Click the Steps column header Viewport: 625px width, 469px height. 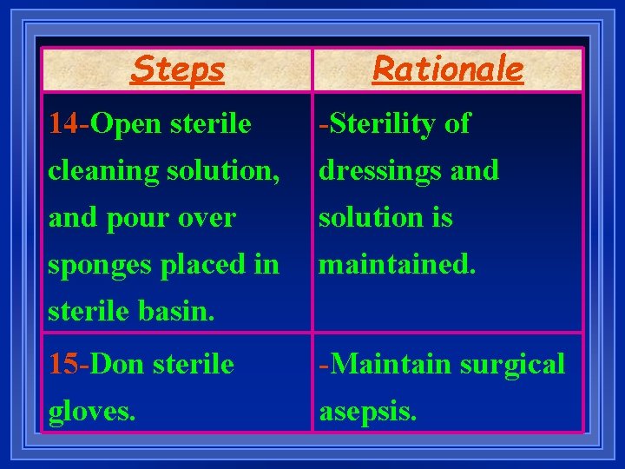coord(177,69)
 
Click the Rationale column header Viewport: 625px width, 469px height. coord(448,69)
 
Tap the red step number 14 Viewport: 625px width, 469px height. coord(62,124)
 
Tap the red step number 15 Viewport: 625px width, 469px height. coord(62,363)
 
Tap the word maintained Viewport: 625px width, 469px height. coord(398,264)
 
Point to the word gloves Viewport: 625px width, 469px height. coord(91,410)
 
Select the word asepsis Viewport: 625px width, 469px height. coord(368,410)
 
